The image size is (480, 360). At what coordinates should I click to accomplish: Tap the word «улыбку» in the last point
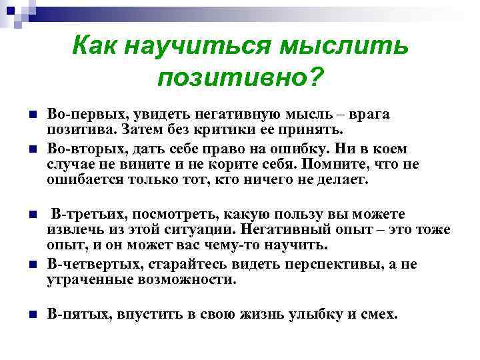(309, 313)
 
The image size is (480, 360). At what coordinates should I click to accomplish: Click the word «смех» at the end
(379, 313)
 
